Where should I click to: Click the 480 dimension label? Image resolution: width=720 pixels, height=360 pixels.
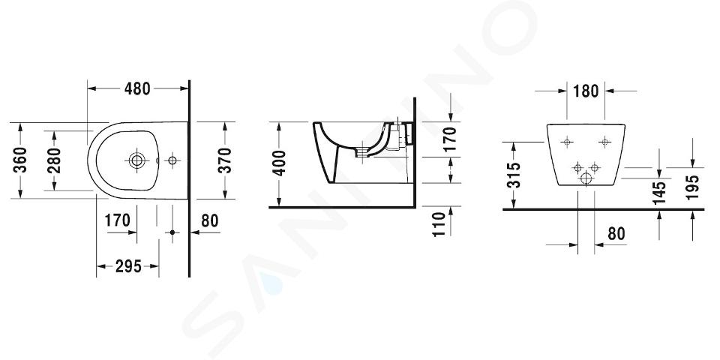(x=137, y=88)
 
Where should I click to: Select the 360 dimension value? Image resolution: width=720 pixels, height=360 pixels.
(x=19, y=160)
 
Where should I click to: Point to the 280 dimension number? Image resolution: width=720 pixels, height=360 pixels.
(x=54, y=160)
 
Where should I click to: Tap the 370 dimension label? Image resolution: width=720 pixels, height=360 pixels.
(x=224, y=160)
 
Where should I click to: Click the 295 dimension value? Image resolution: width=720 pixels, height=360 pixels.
(x=128, y=266)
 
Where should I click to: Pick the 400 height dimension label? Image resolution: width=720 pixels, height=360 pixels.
(x=279, y=163)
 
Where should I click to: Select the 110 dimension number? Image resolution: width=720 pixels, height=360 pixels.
(x=439, y=224)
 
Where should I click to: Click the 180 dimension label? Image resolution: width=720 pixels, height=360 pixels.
(x=586, y=91)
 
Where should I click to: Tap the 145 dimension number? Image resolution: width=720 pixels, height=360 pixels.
(x=659, y=193)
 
